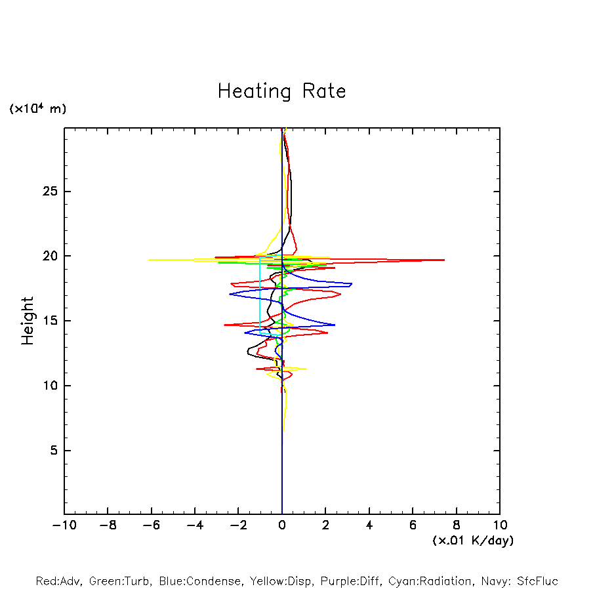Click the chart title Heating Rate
click(x=281, y=91)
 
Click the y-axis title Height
click(x=28, y=321)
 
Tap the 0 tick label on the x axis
click(x=282, y=525)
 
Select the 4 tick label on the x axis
click(x=369, y=525)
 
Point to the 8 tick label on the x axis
click(x=457, y=525)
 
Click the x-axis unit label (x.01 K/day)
click(x=472, y=541)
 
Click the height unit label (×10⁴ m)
click(x=37, y=109)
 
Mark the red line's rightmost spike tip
click(x=444, y=260)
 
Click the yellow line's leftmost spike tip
click(x=150, y=260)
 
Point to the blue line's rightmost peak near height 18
click(x=352, y=284)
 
